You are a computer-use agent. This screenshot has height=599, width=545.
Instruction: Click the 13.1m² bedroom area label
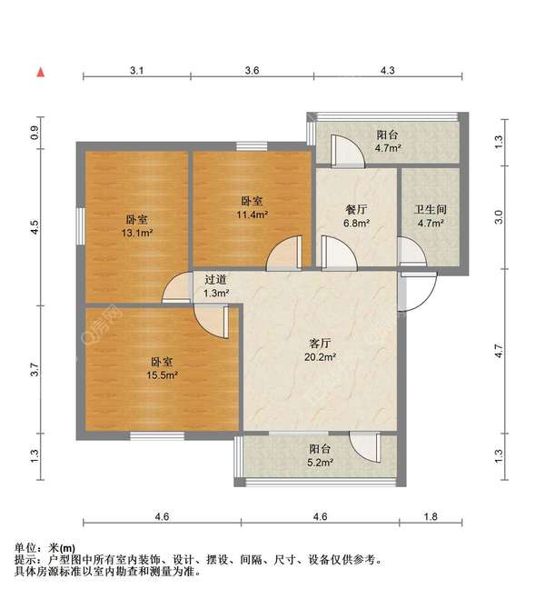(138, 233)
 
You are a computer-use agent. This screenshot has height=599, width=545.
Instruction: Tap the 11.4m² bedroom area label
(253, 215)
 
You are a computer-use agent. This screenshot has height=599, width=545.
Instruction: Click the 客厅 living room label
(319, 344)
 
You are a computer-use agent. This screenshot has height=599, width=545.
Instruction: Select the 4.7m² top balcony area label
(389, 148)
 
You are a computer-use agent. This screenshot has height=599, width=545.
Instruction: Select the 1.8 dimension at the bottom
(431, 516)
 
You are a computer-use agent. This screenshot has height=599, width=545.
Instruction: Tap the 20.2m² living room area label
(319, 357)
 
